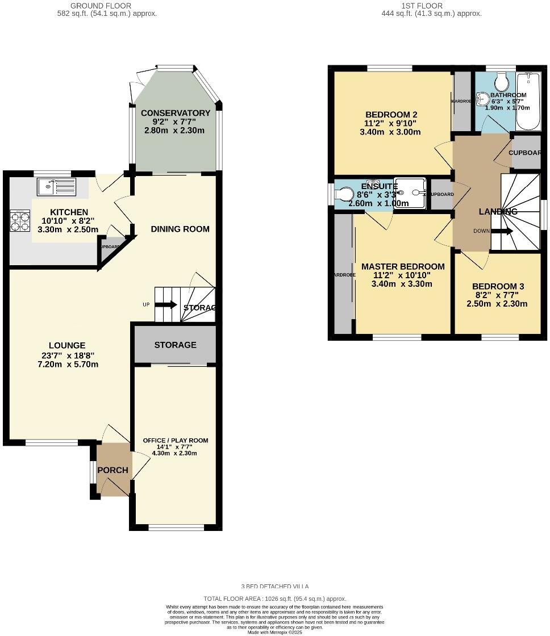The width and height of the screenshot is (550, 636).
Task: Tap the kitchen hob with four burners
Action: [x=20, y=221]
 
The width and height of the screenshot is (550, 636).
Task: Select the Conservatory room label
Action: [x=176, y=113]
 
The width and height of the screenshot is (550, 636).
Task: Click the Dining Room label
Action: [x=180, y=229]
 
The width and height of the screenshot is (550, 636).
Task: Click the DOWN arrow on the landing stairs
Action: [x=502, y=231]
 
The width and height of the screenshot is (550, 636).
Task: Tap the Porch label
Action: [x=113, y=470]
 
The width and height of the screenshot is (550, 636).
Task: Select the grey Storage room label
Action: [x=175, y=345]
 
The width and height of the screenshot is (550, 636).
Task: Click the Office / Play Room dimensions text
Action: [x=175, y=449]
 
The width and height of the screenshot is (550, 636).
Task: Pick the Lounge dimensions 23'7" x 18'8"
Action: [x=67, y=356]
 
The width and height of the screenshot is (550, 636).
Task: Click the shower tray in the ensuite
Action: [x=410, y=193]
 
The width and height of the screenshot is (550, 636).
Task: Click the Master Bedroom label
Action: [x=403, y=266]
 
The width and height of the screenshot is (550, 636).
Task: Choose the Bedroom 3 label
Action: [x=497, y=287]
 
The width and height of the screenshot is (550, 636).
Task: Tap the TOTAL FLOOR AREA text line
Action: [x=275, y=599]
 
